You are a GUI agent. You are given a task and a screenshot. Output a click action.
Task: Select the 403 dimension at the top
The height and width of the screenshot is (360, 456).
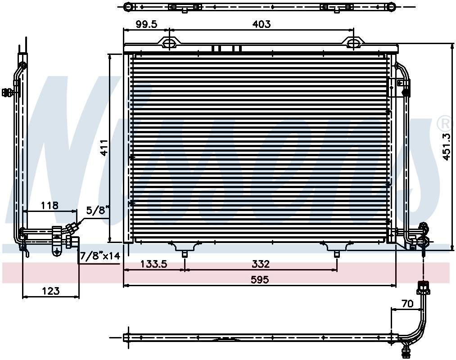coord(261,24)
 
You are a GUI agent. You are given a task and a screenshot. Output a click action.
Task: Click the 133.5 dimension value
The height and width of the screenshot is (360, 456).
coord(154,264)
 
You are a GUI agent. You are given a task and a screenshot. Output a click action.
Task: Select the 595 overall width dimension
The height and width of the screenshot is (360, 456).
coord(259,279)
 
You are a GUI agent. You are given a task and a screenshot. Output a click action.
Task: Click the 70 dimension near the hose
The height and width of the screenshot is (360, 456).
coord(407,304)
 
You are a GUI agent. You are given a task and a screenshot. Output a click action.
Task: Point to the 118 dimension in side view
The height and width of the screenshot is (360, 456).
coord(50,205)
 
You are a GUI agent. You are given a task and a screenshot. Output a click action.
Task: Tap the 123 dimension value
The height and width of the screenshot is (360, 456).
coord(50,291)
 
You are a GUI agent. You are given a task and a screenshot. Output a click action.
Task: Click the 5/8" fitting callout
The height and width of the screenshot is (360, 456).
coord(98,210)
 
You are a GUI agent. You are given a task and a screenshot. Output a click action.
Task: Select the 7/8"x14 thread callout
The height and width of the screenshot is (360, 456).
coord(99,256)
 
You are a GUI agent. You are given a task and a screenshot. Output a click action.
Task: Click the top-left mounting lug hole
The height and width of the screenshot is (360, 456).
coord(169,43)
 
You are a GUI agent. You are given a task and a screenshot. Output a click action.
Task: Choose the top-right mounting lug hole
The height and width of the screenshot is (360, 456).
coord(353,43)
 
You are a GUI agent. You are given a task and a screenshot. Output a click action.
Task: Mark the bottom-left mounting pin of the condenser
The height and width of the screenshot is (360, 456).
coord(185,253)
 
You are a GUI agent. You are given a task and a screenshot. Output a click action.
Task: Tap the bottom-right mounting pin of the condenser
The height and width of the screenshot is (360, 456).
coord(337,253)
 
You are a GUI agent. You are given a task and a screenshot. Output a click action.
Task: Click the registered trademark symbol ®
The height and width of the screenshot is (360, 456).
coord(443,122)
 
